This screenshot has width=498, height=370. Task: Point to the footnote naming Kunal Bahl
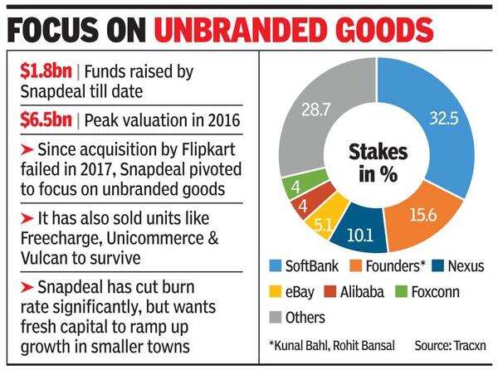(326, 344)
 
